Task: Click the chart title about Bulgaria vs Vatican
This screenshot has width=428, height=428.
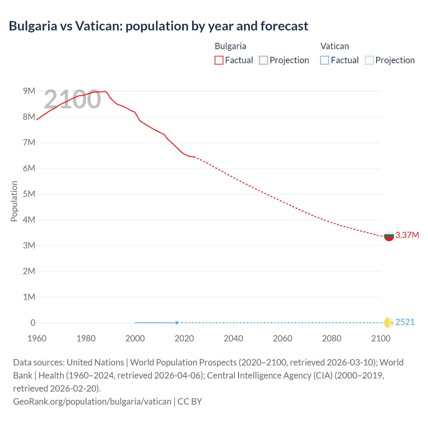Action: (x=158, y=26)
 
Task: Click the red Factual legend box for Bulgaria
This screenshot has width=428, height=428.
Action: (x=219, y=60)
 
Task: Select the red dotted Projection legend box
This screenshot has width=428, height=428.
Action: (x=263, y=60)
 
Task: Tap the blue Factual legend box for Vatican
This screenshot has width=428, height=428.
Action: (x=325, y=60)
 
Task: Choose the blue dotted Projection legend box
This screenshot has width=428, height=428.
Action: (x=369, y=60)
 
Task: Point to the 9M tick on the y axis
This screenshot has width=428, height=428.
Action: (x=29, y=91)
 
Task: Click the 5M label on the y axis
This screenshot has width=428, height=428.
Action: (x=29, y=194)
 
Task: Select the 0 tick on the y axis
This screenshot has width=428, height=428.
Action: (x=33, y=323)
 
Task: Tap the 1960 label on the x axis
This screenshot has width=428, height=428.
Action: (x=37, y=338)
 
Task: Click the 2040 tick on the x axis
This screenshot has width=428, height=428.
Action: (x=233, y=338)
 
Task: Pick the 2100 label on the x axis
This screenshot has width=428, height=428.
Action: (x=381, y=338)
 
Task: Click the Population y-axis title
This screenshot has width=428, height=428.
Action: (x=14, y=201)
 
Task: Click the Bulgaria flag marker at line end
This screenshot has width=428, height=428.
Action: (x=389, y=236)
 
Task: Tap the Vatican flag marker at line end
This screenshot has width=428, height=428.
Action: (x=389, y=323)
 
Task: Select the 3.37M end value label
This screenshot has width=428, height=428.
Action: (x=407, y=235)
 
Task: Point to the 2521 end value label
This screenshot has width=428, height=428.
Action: (x=405, y=322)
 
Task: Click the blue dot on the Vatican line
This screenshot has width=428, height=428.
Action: (x=177, y=323)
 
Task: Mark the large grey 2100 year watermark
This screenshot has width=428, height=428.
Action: (x=73, y=99)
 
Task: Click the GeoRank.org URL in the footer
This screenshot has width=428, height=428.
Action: (x=92, y=401)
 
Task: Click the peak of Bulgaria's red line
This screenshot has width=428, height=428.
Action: (x=105, y=91)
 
